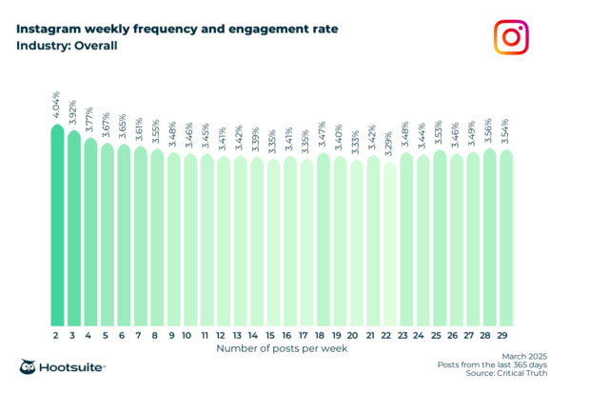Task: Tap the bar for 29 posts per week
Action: [506, 238]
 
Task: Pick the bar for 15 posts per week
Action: [273, 243]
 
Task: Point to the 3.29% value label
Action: [390, 147]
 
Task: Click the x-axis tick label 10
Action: [190, 335]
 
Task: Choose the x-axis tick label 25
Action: [440, 335]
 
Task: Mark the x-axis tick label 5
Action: [107, 335]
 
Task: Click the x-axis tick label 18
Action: [324, 335]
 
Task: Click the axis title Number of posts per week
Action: [282, 349]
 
